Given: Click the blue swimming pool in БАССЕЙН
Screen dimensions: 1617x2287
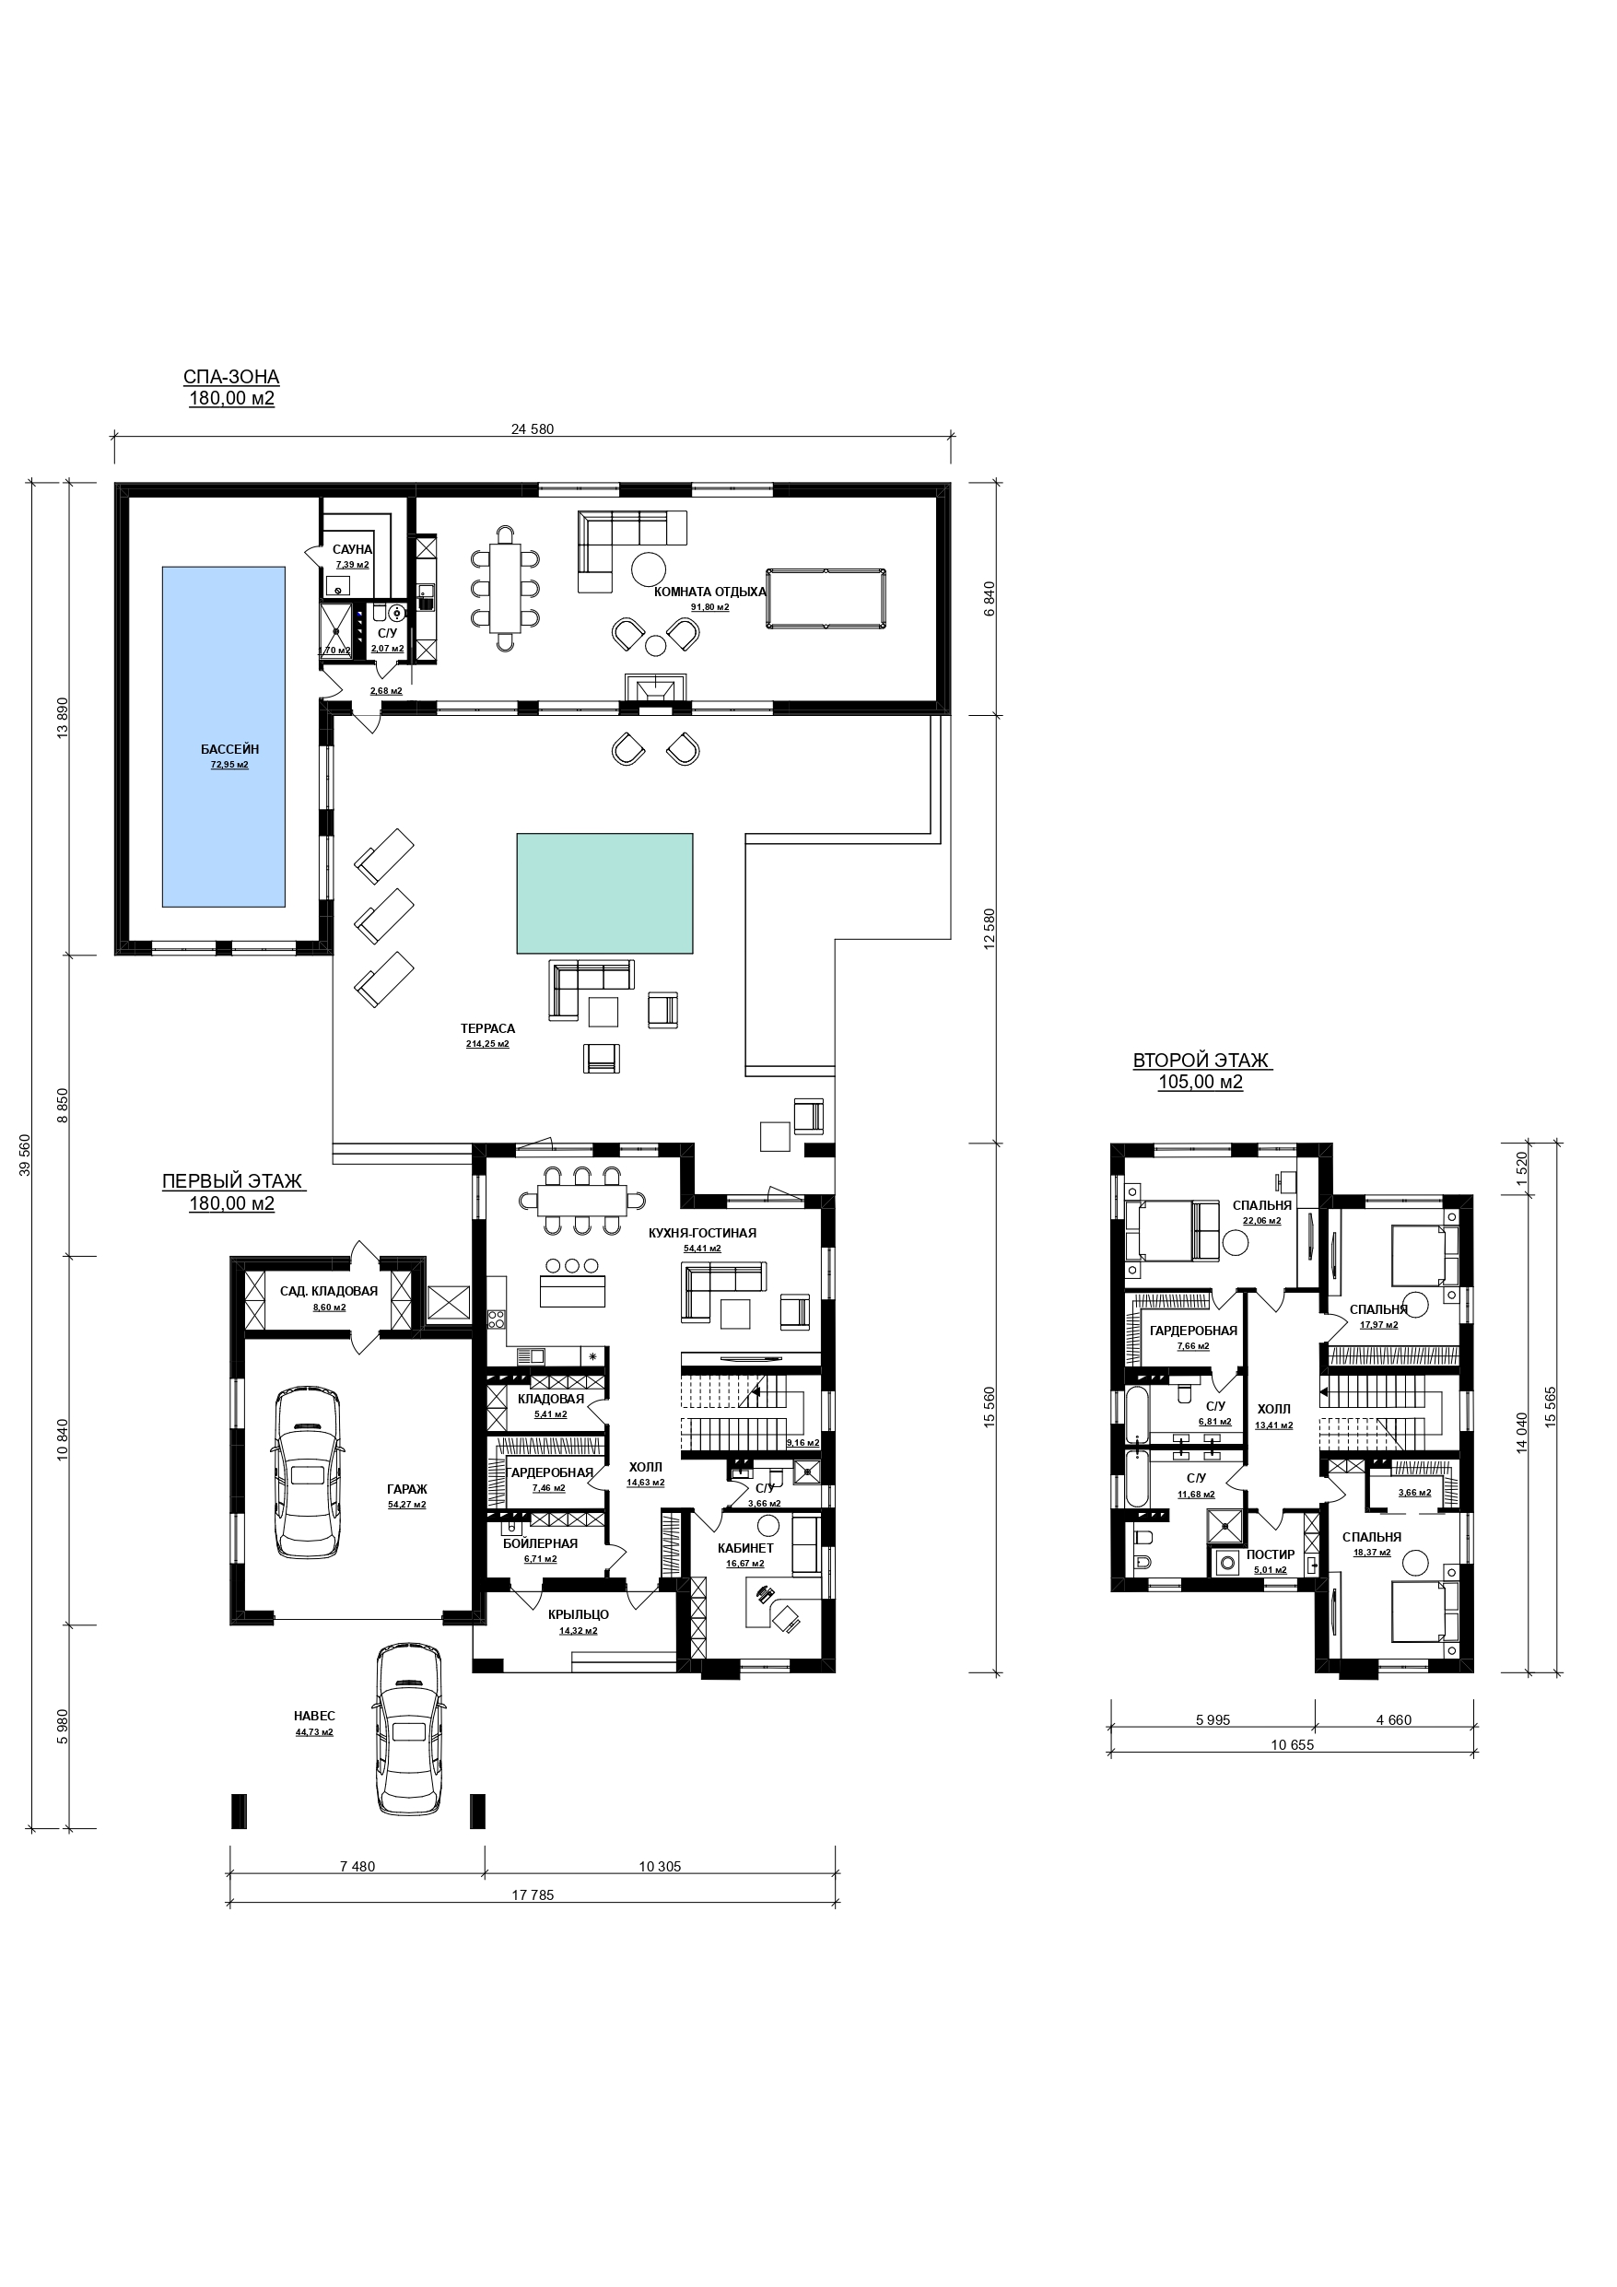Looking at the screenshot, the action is pos(224,737).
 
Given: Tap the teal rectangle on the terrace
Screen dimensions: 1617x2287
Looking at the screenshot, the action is pos(604,893).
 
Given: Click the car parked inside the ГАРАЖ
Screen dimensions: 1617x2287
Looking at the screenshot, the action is pos(308,1473).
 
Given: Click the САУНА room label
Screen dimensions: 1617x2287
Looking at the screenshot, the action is pos(353,550).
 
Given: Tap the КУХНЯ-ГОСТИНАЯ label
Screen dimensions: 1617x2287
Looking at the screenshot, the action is pos(702,1233).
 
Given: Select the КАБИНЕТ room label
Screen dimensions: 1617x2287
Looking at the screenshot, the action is pos(745,1548).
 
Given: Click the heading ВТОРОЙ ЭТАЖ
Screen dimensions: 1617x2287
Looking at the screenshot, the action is pos(1201,1061).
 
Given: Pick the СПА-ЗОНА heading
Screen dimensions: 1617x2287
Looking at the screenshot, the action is pos(232,378).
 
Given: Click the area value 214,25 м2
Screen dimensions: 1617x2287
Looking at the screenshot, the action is pos(487,1044).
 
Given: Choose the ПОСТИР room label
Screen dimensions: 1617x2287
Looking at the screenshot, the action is pos(1271,1554).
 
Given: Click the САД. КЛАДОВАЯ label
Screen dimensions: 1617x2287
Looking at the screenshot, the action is pos(329,1291).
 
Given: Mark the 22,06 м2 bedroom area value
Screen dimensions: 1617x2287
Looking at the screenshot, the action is pos(1261,1220).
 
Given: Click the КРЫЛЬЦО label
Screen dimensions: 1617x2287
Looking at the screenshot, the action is pos(578,1614).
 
